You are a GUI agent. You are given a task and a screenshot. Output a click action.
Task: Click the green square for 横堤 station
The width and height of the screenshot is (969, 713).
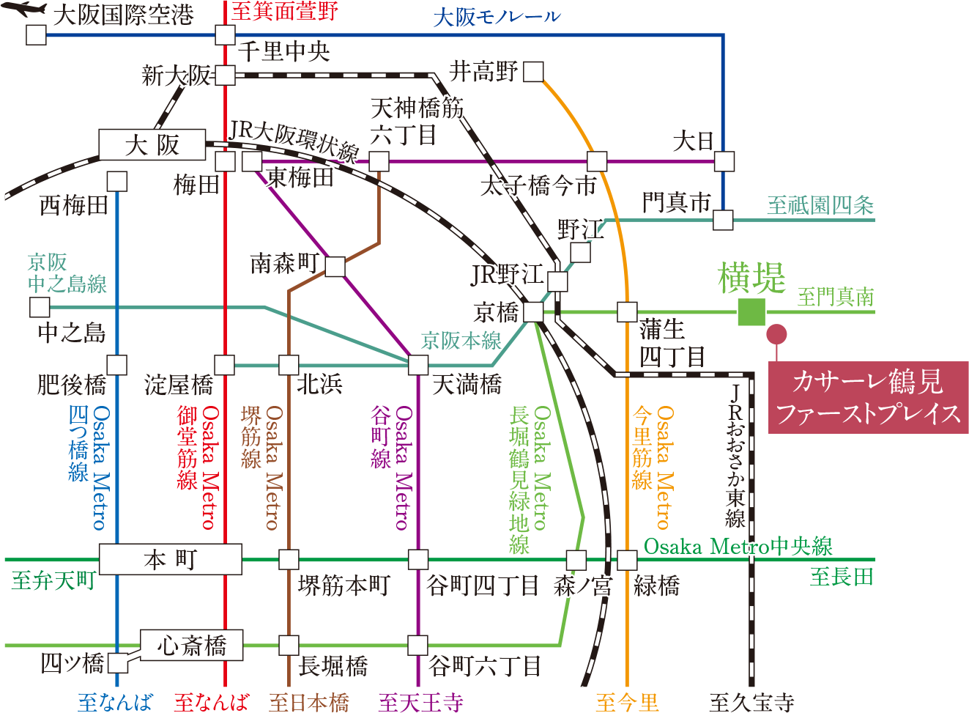[x=751, y=312]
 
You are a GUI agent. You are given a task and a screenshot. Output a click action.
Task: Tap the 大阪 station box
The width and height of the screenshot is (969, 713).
[x=152, y=145]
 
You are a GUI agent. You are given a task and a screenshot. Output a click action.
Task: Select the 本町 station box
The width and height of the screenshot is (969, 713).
[x=170, y=560]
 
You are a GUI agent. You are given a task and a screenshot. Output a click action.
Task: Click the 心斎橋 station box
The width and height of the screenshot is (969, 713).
[x=191, y=646]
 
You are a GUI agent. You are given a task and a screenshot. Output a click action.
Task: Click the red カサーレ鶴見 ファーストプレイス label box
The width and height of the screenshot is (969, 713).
[x=868, y=397]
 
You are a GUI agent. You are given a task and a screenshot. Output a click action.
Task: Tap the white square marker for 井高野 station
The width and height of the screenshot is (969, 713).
[x=533, y=72]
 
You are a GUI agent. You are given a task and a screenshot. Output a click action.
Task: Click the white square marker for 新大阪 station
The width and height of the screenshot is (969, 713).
[x=225, y=75]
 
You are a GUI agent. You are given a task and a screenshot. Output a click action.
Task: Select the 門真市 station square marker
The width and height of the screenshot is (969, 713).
[x=723, y=220]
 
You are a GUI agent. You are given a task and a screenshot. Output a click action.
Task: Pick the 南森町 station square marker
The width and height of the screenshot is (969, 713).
[x=335, y=267]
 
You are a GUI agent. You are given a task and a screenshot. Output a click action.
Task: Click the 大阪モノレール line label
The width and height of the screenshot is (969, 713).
[x=497, y=17]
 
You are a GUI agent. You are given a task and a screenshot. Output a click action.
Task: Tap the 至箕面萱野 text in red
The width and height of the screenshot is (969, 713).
[x=285, y=11]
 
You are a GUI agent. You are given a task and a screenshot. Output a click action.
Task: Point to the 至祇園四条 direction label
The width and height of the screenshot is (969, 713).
[x=820, y=206]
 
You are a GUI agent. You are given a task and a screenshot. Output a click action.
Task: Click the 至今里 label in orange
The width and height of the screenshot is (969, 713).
[x=626, y=702]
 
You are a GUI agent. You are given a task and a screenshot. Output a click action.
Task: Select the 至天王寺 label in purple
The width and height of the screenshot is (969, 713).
[x=420, y=702]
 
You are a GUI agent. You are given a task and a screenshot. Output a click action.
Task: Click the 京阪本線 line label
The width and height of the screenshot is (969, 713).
[x=461, y=341]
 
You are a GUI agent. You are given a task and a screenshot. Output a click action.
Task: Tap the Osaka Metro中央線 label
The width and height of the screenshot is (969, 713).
[x=738, y=547]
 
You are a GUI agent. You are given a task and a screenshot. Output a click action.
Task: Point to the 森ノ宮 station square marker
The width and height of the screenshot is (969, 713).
[x=576, y=561]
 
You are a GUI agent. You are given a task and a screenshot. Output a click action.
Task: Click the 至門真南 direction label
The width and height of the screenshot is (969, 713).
[x=836, y=298]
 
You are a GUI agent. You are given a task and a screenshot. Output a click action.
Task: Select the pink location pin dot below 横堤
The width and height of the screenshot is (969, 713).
[x=776, y=335]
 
